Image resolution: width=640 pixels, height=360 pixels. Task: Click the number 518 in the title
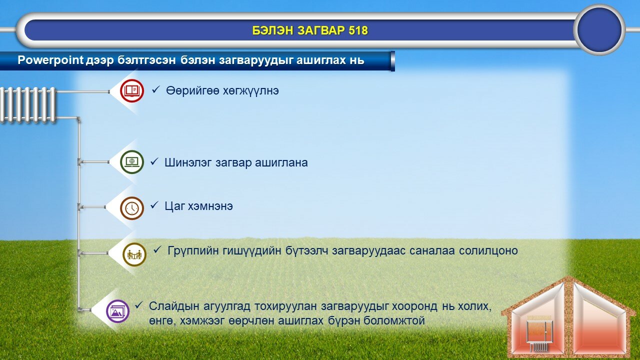tap(358, 30)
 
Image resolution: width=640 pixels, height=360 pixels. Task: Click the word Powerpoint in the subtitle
tap(50, 60)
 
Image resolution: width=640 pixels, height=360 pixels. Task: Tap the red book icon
tap(131, 90)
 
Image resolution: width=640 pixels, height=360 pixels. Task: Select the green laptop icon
tap(131, 162)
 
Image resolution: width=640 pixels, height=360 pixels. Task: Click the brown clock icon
tap(131, 208)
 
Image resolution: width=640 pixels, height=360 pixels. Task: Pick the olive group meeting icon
tap(134, 254)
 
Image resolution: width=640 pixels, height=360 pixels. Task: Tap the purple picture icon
tap(117, 311)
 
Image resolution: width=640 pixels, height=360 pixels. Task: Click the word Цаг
tap(174, 206)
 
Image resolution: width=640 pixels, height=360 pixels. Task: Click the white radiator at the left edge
tap(28, 105)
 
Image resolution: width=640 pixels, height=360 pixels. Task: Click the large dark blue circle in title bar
tap(599, 29)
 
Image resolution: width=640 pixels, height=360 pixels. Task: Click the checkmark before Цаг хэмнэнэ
tap(154, 205)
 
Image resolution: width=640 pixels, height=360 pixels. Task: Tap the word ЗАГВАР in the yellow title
tap(321, 30)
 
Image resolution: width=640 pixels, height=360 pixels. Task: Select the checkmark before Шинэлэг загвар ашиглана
tap(154, 161)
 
